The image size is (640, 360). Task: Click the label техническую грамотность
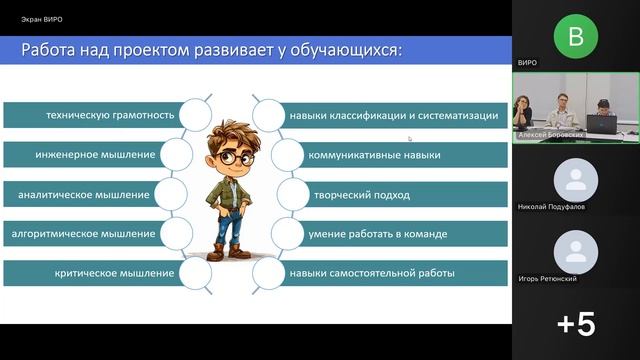(x=110, y=115)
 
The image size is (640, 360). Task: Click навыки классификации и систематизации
(x=393, y=115)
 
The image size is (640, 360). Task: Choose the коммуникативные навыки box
(x=375, y=155)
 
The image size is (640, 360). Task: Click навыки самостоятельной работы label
(x=372, y=272)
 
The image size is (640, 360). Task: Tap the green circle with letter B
(x=575, y=36)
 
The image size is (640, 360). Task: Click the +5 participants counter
(x=575, y=324)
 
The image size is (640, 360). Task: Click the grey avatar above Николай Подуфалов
(x=575, y=180)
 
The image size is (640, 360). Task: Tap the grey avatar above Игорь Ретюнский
(x=575, y=250)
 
